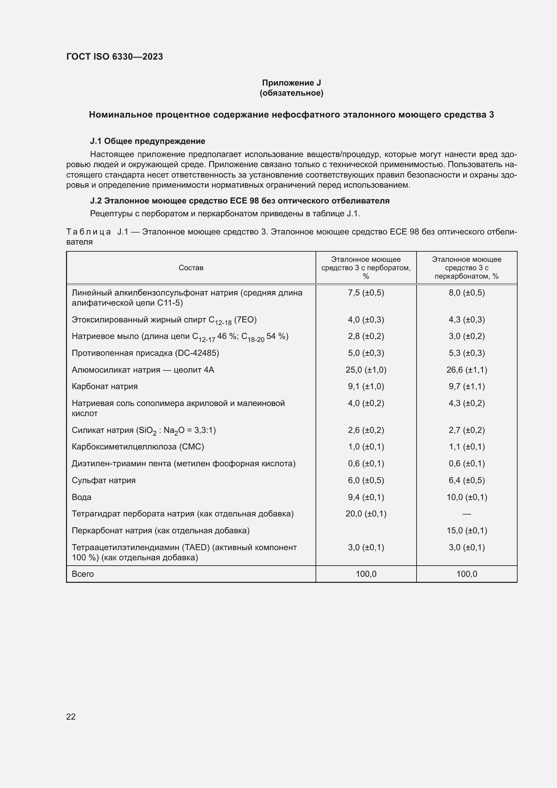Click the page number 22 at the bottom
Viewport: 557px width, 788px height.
pos(71,717)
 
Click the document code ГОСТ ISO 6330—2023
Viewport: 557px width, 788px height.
pos(114,57)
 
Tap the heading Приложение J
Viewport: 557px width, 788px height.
pos(291,83)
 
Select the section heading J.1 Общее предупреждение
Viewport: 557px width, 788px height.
pos(148,141)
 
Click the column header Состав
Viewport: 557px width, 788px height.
pos(191,268)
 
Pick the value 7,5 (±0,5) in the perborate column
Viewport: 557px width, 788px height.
pos(366,293)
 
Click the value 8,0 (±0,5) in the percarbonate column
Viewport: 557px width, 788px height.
pos(466,293)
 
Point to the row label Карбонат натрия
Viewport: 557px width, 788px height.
pos(105,386)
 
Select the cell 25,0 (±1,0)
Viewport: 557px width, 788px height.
pos(366,370)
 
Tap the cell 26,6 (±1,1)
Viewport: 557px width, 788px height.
pos(466,370)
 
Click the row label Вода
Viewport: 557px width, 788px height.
pos(81,497)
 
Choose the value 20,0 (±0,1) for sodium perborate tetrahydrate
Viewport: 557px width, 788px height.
pos(366,514)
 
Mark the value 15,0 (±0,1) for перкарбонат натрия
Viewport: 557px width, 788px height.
pos(466,531)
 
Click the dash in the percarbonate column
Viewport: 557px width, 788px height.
pos(466,514)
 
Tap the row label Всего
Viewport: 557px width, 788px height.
pos(83,574)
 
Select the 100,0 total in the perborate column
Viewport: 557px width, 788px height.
pos(366,574)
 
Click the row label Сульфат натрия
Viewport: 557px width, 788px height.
pos(104,480)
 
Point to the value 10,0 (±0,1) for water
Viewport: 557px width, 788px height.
pos(466,497)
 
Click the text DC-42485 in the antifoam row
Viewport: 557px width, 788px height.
pos(197,353)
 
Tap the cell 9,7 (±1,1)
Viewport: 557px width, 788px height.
pos(466,386)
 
